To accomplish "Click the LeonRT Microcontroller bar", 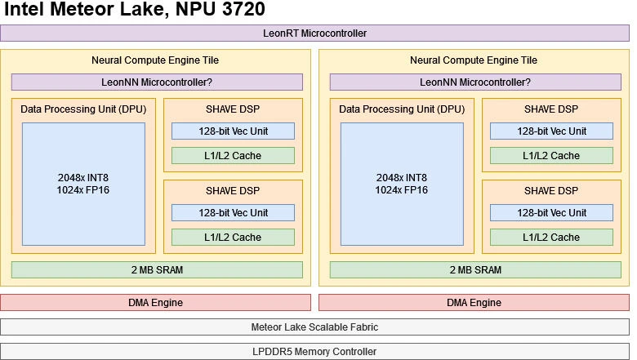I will pos(314,33).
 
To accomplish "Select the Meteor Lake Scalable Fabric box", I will pos(314,327).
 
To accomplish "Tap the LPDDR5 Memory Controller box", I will pos(314,352).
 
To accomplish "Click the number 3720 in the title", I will pos(236,11).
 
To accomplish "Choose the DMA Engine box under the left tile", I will pos(155,303).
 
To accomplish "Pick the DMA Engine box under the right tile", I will pos(474,303).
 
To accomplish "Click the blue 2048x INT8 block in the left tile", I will pos(82,184).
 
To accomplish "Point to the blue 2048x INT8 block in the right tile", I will pos(401,184).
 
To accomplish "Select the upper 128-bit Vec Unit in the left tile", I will pos(233,131).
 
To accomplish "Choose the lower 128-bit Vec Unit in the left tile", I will pos(233,213).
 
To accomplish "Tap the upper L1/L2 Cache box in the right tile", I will pos(551,156).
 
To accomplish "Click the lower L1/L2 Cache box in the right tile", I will pos(551,238).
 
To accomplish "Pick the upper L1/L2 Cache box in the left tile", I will pos(233,156).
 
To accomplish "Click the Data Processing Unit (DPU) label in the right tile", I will pos(401,109).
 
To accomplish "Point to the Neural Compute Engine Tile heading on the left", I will pos(155,60).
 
